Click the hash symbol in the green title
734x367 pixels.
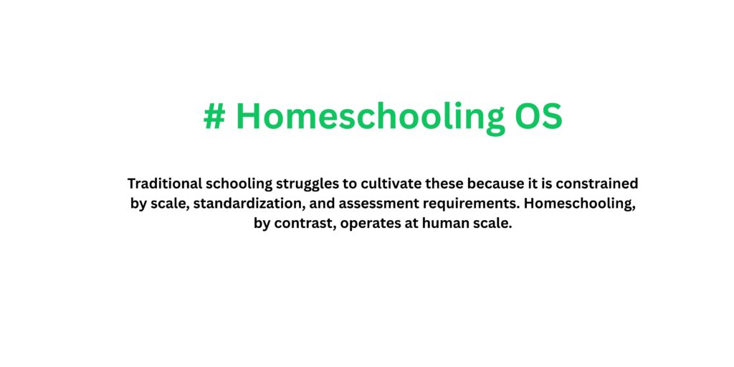[x=214, y=117]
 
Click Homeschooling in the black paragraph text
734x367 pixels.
[x=580, y=204]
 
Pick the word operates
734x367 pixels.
[x=371, y=223]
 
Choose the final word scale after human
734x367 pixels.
[x=493, y=223]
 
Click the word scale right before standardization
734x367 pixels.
[x=169, y=204]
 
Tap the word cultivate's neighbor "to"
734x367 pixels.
[x=357, y=183]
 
